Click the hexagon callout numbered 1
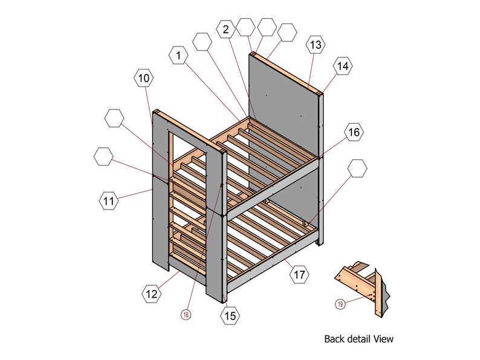[178, 56]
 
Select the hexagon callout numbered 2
[225, 28]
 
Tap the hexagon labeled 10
[143, 78]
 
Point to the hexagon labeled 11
[109, 201]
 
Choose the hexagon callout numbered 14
[343, 66]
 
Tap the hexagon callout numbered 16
[354, 132]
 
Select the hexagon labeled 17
[299, 275]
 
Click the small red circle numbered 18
[186, 314]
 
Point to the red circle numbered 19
[340, 304]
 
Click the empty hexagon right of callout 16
[357, 168]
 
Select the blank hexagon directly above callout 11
[104, 157]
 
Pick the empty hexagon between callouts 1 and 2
[202, 42]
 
